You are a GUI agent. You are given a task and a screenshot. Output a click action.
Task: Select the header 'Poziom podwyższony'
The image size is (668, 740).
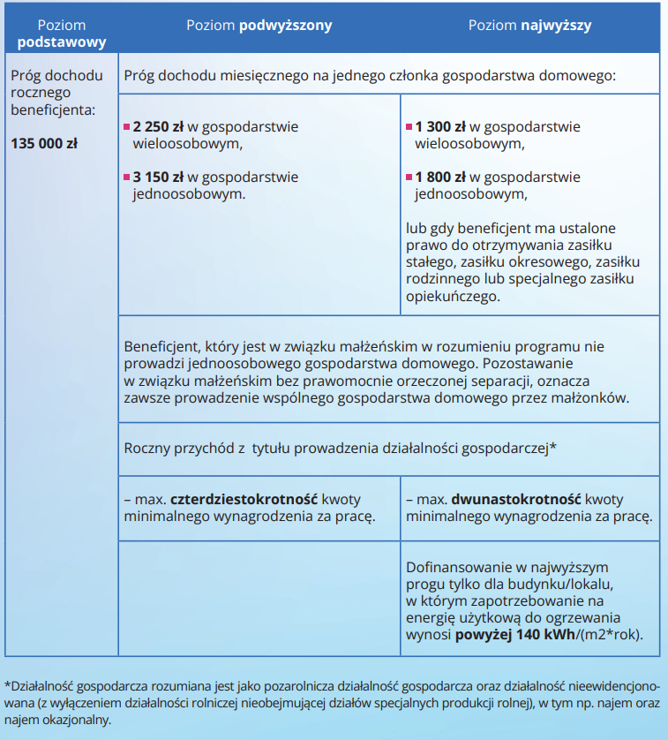pos(259,26)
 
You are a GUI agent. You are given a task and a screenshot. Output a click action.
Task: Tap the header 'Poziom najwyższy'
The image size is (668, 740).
pos(529,26)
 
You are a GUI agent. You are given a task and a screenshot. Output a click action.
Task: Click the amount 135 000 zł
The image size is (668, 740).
pos(44,142)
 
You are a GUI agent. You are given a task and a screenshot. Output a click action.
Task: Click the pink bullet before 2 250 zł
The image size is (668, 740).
pos(126,127)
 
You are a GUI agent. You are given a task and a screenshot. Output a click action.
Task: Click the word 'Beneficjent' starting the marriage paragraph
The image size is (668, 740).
pos(160,347)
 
